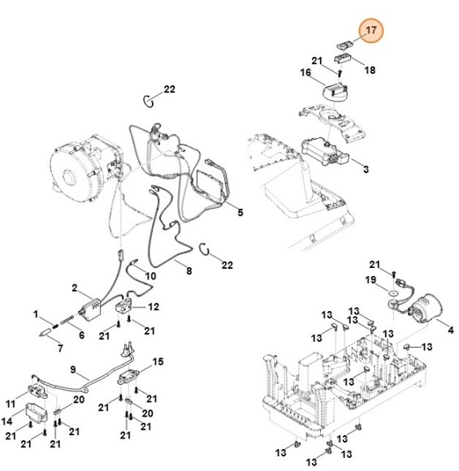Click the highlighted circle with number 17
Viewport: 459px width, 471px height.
[371, 32]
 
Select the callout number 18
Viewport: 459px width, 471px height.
[369, 71]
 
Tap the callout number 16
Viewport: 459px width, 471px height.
[305, 73]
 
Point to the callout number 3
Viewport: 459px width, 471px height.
[366, 169]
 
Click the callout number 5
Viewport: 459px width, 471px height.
[240, 212]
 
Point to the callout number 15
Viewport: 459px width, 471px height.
[158, 361]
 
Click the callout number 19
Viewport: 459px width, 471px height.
[370, 279]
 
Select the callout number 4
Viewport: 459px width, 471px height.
[452, 328]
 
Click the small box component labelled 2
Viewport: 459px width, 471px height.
[92, 309]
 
